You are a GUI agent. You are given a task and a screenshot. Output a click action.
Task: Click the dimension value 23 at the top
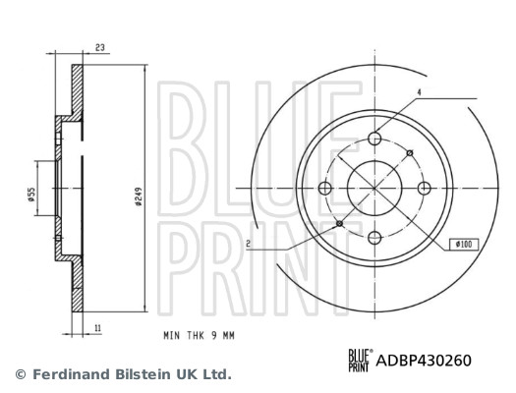coord(100,48)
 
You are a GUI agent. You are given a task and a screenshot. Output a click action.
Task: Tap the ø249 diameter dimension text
coord(139,196)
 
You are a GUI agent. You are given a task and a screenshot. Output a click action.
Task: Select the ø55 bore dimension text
coord(31,195)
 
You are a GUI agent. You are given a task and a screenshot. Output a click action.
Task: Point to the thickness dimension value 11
coord(97,328)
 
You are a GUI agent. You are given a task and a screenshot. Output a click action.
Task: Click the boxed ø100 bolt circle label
coord(464,244)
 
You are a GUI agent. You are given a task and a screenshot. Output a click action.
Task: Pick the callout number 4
coord(419,92)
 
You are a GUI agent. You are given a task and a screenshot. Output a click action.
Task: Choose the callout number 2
coord(249,244)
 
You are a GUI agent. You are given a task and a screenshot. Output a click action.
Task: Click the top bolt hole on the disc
coord(374,139)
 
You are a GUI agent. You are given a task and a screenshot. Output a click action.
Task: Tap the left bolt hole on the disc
coord(324,188)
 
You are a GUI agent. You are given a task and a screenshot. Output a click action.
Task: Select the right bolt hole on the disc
coord(425,188)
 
